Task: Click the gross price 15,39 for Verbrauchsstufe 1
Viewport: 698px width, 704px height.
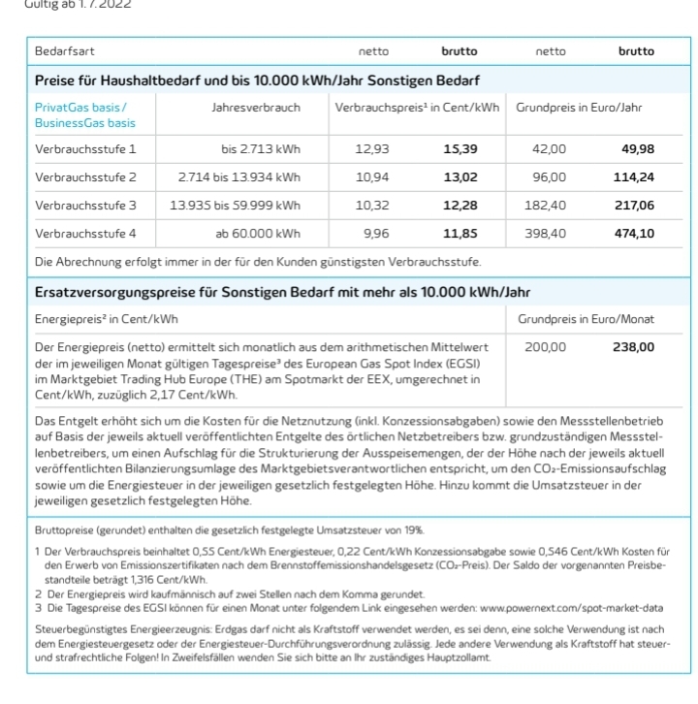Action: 460,149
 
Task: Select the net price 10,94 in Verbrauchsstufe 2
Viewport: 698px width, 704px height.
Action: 372,177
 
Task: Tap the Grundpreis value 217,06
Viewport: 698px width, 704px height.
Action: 634,206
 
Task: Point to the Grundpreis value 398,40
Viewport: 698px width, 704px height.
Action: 549,234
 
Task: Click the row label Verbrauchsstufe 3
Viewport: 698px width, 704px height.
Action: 85,206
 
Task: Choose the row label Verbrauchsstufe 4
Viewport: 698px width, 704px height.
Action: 85,234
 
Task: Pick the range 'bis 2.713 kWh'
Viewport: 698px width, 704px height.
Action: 261,149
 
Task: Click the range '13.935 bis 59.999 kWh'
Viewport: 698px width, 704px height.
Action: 235,206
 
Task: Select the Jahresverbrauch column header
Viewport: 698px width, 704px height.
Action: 256,107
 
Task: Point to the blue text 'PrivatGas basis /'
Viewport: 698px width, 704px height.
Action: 80,107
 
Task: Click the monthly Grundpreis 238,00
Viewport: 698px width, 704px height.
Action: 634,346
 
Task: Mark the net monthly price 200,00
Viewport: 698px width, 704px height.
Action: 547,346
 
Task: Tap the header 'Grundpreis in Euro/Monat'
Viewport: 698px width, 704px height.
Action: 586,319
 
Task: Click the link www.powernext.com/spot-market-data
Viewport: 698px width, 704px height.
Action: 572,608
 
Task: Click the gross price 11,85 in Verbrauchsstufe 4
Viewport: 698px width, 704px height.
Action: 460,234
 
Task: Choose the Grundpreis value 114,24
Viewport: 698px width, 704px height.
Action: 634,177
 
